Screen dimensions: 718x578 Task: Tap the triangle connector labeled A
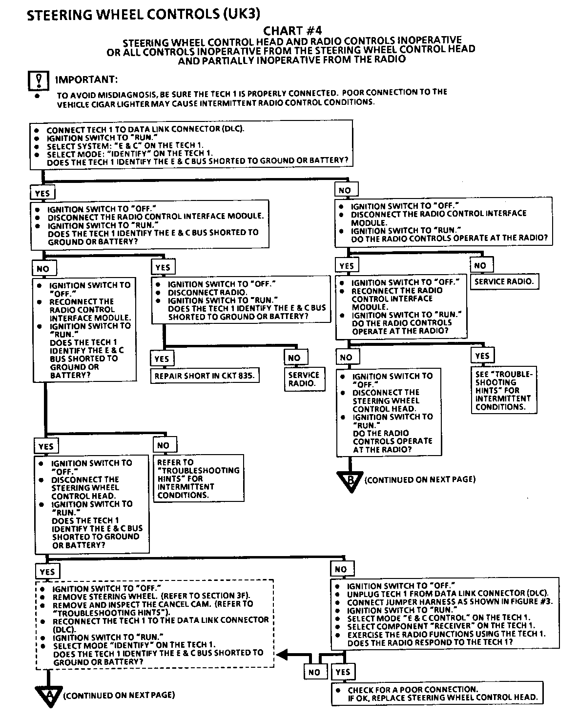[x=49, y=695]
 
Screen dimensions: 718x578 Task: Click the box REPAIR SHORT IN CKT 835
[x=205, y=376]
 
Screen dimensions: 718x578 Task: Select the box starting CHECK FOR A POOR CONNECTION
[x=436, y=694]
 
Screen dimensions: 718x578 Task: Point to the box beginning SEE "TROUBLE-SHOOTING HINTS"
[x=504, y=390]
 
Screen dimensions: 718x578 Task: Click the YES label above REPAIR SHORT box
[x=162, y=359]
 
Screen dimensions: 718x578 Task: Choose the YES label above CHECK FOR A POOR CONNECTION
[x=343, y=672]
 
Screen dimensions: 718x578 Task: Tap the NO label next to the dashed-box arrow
[x=314, y=672]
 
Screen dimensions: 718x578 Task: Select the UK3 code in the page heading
[x=240, y=15]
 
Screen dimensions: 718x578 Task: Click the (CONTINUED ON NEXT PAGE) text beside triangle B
[x=420, y=479]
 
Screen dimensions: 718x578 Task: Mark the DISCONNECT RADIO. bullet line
[x=207, y=293]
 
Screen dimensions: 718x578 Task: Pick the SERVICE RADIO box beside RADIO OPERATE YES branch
[x=504, y=282]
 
